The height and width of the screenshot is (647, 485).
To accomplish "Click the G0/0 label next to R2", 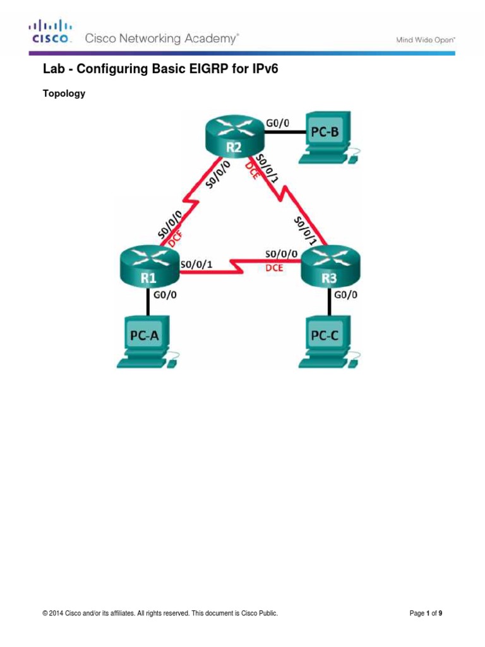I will pos(277,124).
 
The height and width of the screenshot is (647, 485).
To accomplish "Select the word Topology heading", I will pos(64,94).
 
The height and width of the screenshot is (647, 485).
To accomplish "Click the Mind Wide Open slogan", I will pos(426,40).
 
